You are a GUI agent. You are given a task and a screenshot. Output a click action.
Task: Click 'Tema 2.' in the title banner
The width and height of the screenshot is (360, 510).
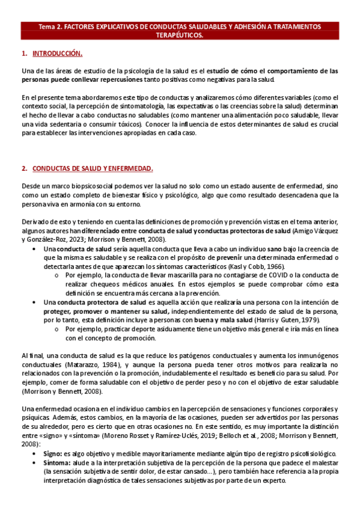(x=50, y=27)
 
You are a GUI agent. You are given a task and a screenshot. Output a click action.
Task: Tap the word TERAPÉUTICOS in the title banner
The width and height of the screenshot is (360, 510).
(x=180, y=35)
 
